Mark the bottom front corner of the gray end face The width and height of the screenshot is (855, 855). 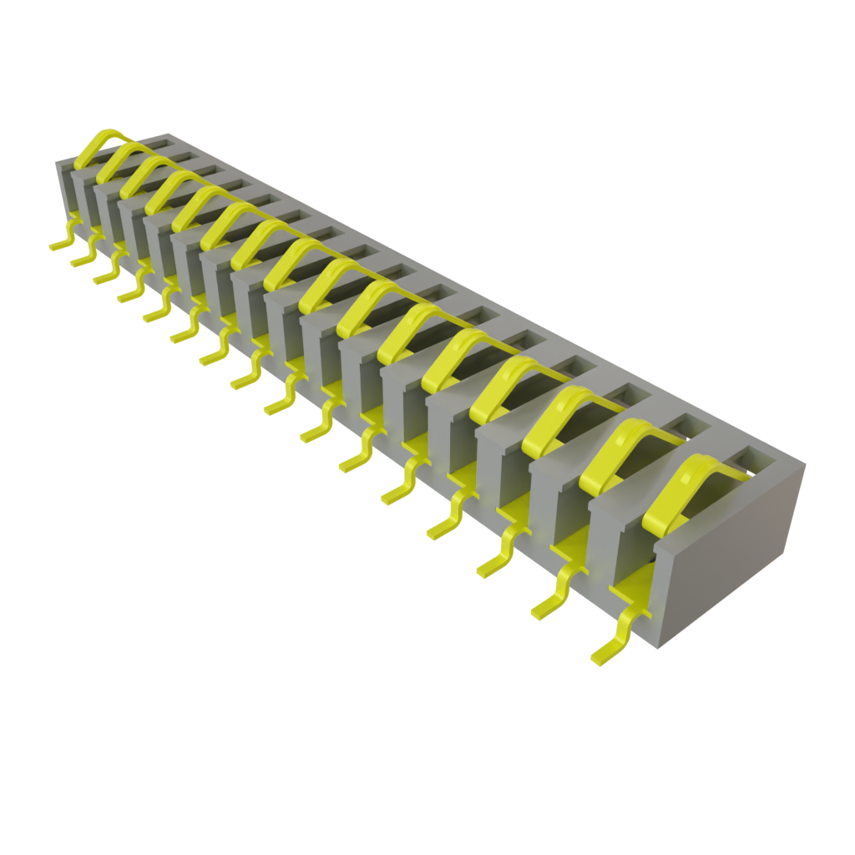click(x=660, y=646)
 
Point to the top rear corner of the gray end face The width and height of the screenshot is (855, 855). click(x=805, y=463)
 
